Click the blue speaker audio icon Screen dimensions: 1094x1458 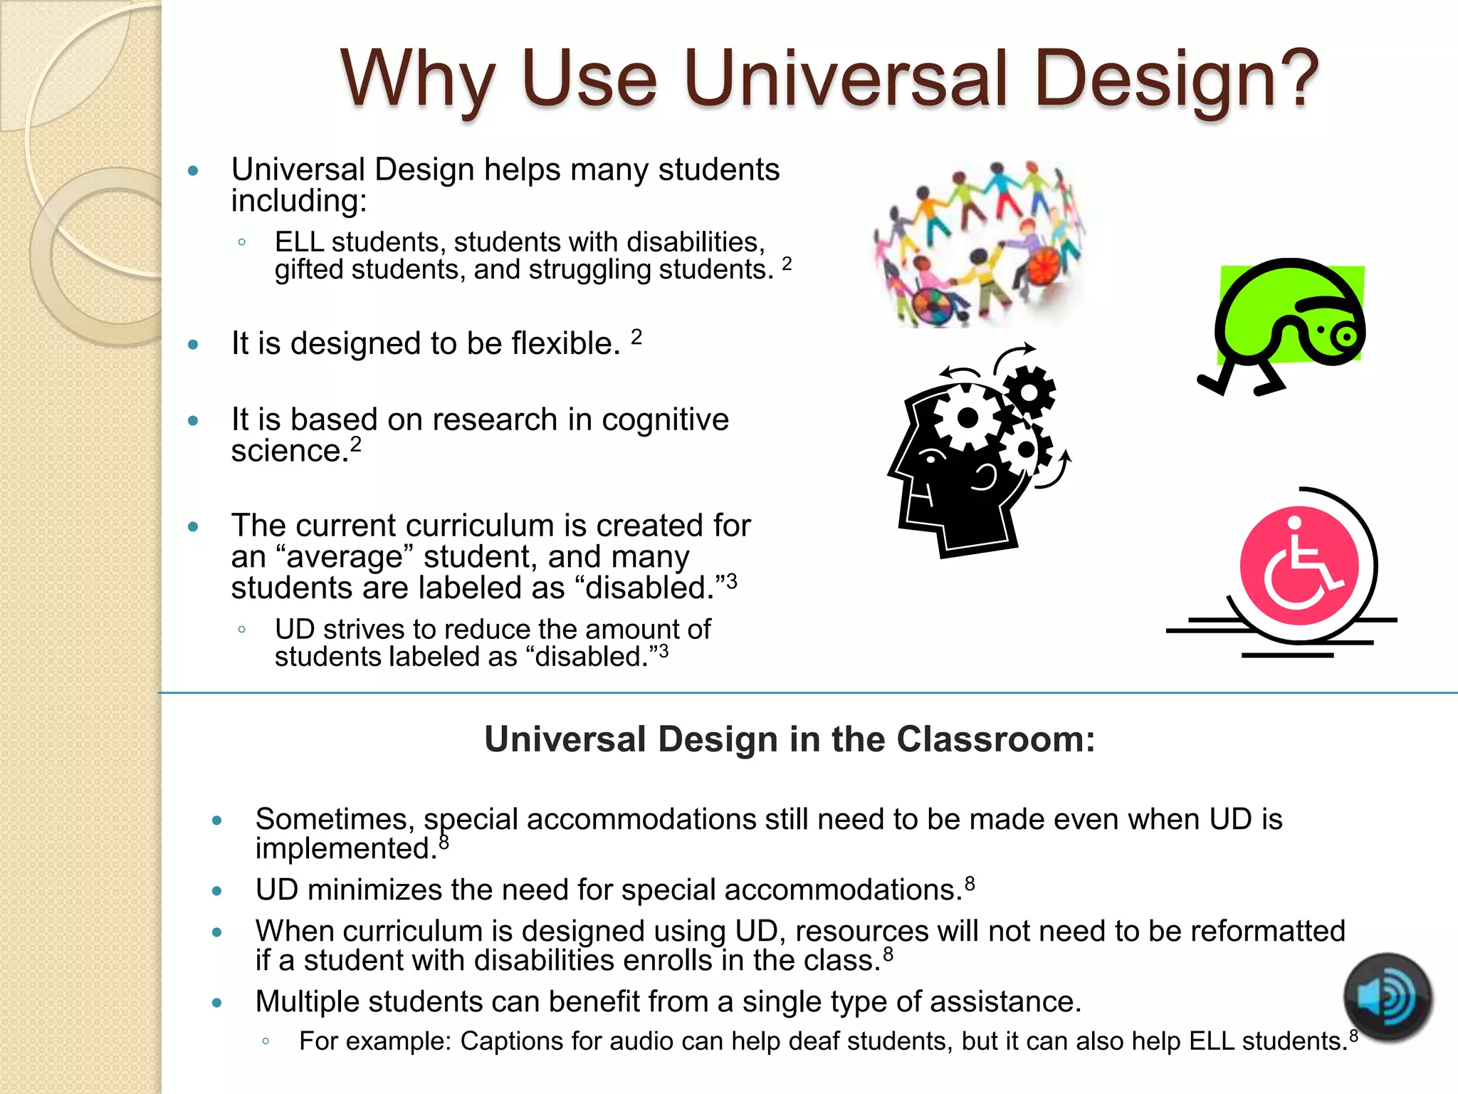[1387, 998]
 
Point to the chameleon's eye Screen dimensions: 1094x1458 [1346, 335]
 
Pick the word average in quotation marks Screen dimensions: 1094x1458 [345, 557]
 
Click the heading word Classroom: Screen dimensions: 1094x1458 [995, 739]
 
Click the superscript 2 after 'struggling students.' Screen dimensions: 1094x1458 [786, 264]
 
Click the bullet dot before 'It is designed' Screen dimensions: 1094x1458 [193, 345]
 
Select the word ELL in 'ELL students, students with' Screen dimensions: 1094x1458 [299, 242]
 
